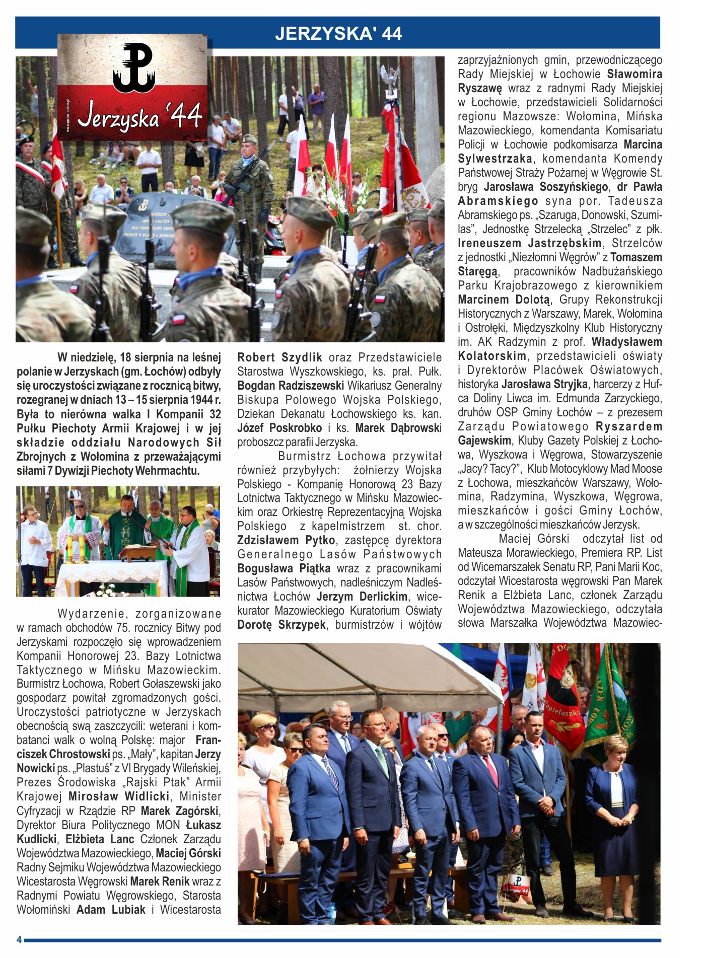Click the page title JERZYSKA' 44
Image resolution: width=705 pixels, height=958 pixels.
click(x=338, y=33)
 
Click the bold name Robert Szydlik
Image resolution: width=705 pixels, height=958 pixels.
click(x=279, y=357)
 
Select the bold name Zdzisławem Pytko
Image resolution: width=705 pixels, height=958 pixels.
click(x=286, y=540)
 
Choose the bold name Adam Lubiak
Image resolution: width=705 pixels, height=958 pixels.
click(x=111, y=910)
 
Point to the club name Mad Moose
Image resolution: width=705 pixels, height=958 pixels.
click(x=639, y=469)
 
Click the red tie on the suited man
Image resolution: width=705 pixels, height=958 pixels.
click(x=489, y=771)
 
